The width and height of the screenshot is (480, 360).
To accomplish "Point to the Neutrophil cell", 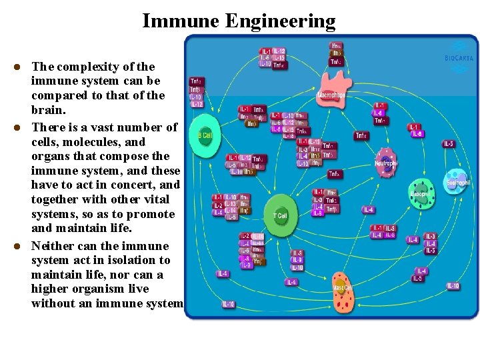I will [386, 163].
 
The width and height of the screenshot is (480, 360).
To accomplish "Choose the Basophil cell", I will [420, 193].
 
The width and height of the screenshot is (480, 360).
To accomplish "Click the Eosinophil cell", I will [457, 181].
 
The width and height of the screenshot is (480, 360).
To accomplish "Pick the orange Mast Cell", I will [343, 291].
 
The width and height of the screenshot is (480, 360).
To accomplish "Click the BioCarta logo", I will [459, 53].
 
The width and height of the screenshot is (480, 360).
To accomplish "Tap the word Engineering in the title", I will [280, 21].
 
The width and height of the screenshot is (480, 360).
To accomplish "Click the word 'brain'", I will [47, 110].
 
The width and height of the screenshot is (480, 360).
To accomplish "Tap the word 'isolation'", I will [127, 260].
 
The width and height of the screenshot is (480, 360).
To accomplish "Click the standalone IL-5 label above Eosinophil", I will [449, 143].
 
